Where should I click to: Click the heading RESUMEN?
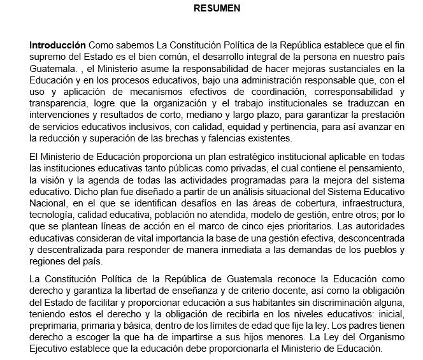click(218, 9)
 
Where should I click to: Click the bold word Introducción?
click(57, 46)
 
